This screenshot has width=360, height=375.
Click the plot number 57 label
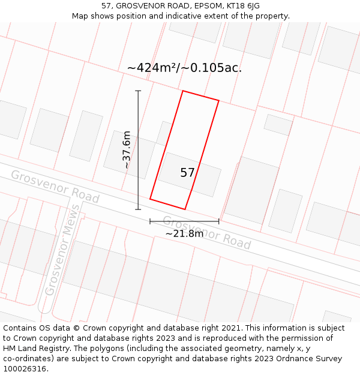tap(187, 173)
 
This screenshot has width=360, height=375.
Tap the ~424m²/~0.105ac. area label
tap(184, 68)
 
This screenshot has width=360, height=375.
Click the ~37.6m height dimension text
tap(127, 150)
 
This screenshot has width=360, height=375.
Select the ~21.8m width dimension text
tap(184, 233)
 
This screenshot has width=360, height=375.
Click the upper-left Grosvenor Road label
tap(55, 186)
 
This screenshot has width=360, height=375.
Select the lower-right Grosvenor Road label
tap(206, 232)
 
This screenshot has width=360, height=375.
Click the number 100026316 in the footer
tap(25, 368)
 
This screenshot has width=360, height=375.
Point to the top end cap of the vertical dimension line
tap(138, 91)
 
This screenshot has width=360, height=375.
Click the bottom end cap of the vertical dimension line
tap(138, 209)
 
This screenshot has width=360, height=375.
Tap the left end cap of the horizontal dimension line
tap(150, 221)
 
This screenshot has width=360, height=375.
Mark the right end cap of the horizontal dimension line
tap(218, 221)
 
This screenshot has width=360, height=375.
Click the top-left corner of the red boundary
tap(182, 91)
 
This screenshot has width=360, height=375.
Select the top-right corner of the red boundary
tap(218, 101)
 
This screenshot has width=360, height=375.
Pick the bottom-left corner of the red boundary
tap(150, 199)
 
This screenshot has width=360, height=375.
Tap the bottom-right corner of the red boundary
tap(185, 209)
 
